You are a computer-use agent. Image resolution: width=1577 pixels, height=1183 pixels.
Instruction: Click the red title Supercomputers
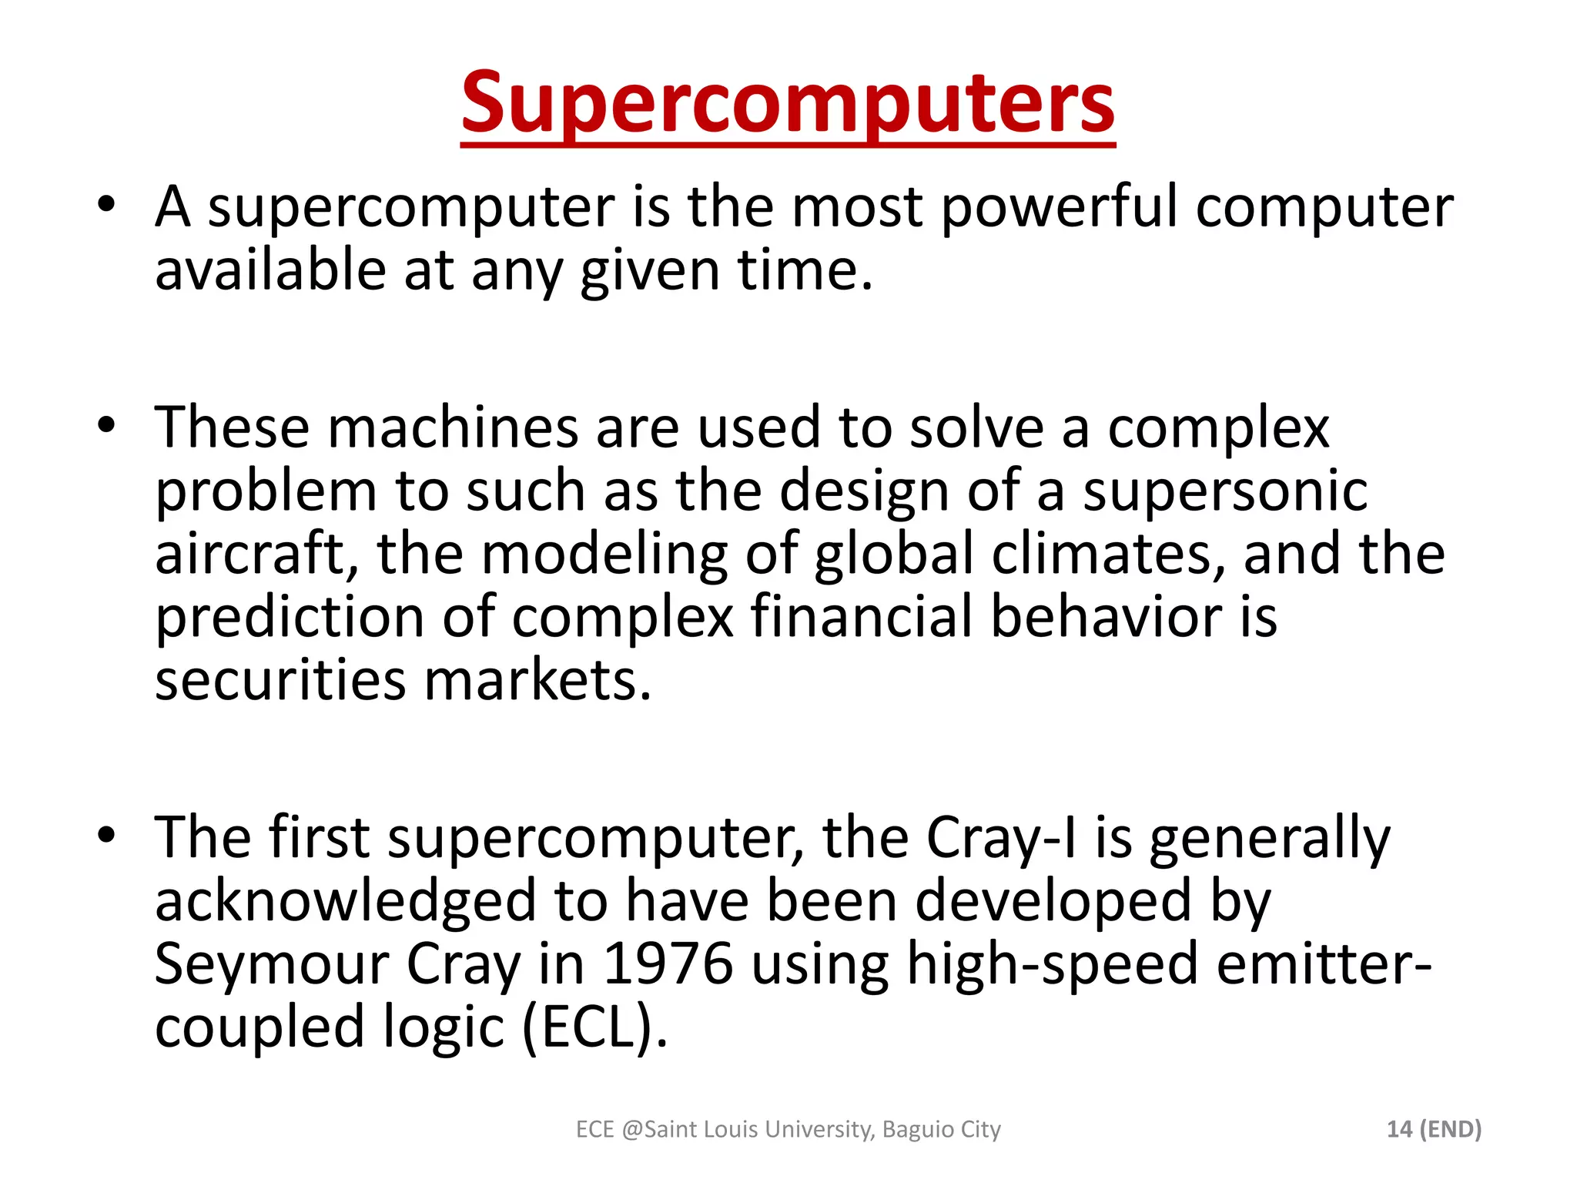[788, 103]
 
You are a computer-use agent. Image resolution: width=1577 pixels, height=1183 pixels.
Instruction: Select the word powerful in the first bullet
[1060, 208]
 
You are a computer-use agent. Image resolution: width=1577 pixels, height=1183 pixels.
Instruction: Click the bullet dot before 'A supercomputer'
[106, 205]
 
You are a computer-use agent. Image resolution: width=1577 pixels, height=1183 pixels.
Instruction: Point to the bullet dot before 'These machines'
[106, 425]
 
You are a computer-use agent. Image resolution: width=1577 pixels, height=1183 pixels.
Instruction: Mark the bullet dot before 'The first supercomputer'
[106, 835]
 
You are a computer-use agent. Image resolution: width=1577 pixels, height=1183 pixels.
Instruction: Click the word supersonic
[1225, 491]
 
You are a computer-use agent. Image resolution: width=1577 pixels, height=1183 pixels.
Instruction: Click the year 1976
[668, 964]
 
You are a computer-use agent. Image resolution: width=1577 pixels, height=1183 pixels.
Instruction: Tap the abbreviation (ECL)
[594, 1027]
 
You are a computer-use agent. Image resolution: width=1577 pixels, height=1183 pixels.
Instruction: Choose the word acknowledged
[345, 901]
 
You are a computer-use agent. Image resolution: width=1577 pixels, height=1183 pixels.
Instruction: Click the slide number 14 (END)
[1434, 1129]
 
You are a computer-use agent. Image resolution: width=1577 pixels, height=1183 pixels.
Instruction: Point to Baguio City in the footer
[942, 1129]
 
